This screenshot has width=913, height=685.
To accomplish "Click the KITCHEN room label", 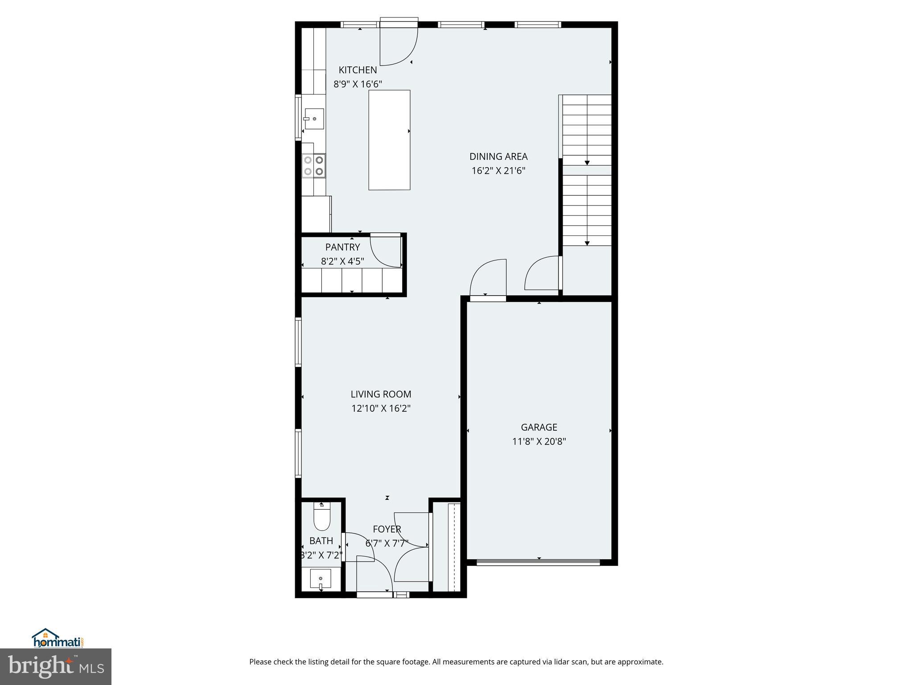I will [x=358, y=70].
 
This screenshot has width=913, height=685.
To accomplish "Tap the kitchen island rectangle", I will [x=389, y=140].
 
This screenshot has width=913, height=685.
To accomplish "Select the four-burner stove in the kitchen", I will [x=313, y=165].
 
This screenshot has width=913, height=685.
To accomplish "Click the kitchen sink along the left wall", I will [x=314, y=119].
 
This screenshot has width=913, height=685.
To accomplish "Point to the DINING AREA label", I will [x=498, y=157].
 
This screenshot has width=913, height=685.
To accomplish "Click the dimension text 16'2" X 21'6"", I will [x=498, y=171].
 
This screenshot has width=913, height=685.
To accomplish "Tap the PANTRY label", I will [x=342, y=247].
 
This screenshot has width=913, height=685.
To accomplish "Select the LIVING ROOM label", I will [x=381, y=394].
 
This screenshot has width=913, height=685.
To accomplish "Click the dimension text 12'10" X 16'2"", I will [x=381, y=409].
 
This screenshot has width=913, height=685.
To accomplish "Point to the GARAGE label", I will [x=539, y=427].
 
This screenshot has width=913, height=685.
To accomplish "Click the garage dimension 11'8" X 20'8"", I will [x=539, y=442].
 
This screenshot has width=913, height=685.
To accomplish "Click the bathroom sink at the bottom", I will [x=321, y=579].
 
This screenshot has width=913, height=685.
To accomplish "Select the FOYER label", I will [x=387, y=529].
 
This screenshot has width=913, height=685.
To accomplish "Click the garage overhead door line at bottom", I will [x=539, y=563].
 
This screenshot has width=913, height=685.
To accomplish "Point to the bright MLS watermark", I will [x=56, y=666].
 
